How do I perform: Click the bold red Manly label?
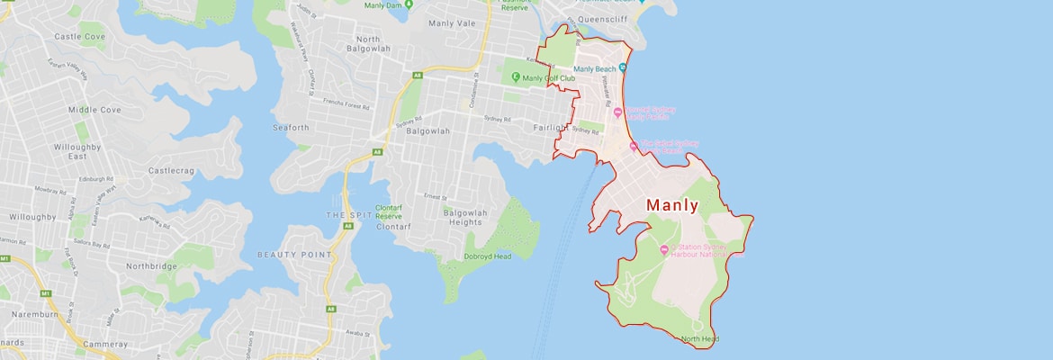[x=671, y=205]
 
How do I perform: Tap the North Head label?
[x=699, y=339]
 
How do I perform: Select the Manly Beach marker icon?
[x=623, y=68]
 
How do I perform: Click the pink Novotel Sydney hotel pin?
[x=617, y=112]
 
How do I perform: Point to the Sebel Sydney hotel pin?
[x=634, y=145]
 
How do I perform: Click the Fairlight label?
[x=550, y=128]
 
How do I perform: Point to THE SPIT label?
[x=347, y=216]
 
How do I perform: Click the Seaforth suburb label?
[x=290, y=128]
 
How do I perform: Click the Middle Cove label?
[x=94, y=110]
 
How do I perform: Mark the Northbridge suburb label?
[x=148, y=266]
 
